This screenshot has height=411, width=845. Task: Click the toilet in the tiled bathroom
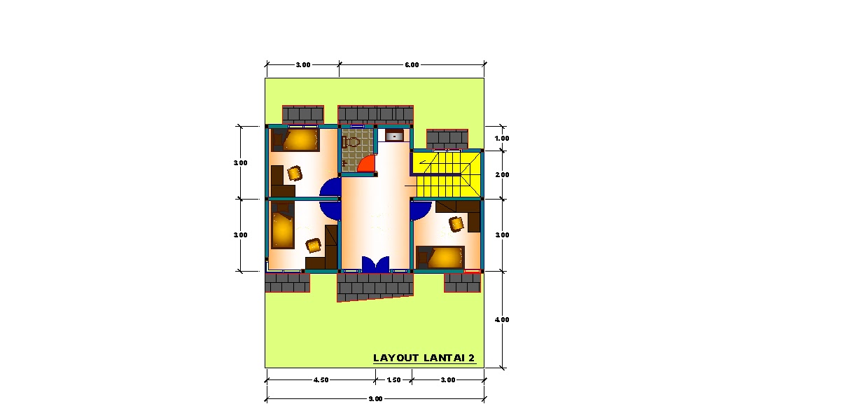(351, 142)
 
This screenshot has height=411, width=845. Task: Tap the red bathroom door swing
(368, 163)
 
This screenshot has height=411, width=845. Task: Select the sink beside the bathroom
(394, 135)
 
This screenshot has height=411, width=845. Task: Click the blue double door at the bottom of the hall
(375, 264)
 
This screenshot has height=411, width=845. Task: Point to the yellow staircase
(446, 174)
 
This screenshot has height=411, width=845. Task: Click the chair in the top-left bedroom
(295, 174)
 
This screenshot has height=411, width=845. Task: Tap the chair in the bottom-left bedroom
(313, 245)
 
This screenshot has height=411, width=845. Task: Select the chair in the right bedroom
(456, 224)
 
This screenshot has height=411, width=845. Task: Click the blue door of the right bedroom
(421, 211)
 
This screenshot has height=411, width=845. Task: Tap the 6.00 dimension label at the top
(412, 65)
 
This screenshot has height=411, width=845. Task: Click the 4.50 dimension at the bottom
(321, 380)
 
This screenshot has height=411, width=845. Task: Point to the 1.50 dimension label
(394, 380)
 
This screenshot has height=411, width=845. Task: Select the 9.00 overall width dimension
(375, 399)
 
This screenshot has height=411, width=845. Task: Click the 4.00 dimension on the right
(502, 320)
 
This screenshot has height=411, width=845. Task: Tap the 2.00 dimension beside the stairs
(502, 175)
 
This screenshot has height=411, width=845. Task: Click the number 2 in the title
(472, 358)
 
